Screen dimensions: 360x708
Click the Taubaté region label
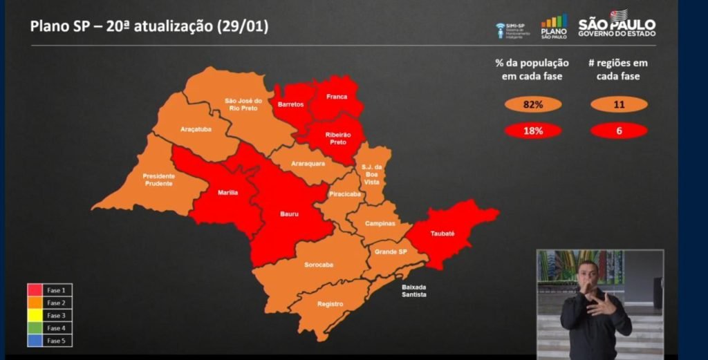tap(444, 234)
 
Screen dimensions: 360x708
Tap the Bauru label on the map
tap(290, 215)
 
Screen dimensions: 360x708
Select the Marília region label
tap(227, 193)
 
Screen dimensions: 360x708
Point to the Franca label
tap(337, 97)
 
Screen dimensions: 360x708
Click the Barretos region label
tap(290, 104)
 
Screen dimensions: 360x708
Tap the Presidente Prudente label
tap(159, 180)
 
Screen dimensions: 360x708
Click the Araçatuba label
tap(196, 129)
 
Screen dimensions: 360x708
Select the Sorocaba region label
tap(319, 265)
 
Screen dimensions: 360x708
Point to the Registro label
tap(330, 304)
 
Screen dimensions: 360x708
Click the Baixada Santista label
tap(414, 290)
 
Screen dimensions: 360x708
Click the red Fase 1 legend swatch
tap(35, 290)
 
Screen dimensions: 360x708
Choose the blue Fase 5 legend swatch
tap(35, 341)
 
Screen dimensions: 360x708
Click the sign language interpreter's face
tap(588, 274)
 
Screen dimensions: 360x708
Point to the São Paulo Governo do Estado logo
tap(617, 24)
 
